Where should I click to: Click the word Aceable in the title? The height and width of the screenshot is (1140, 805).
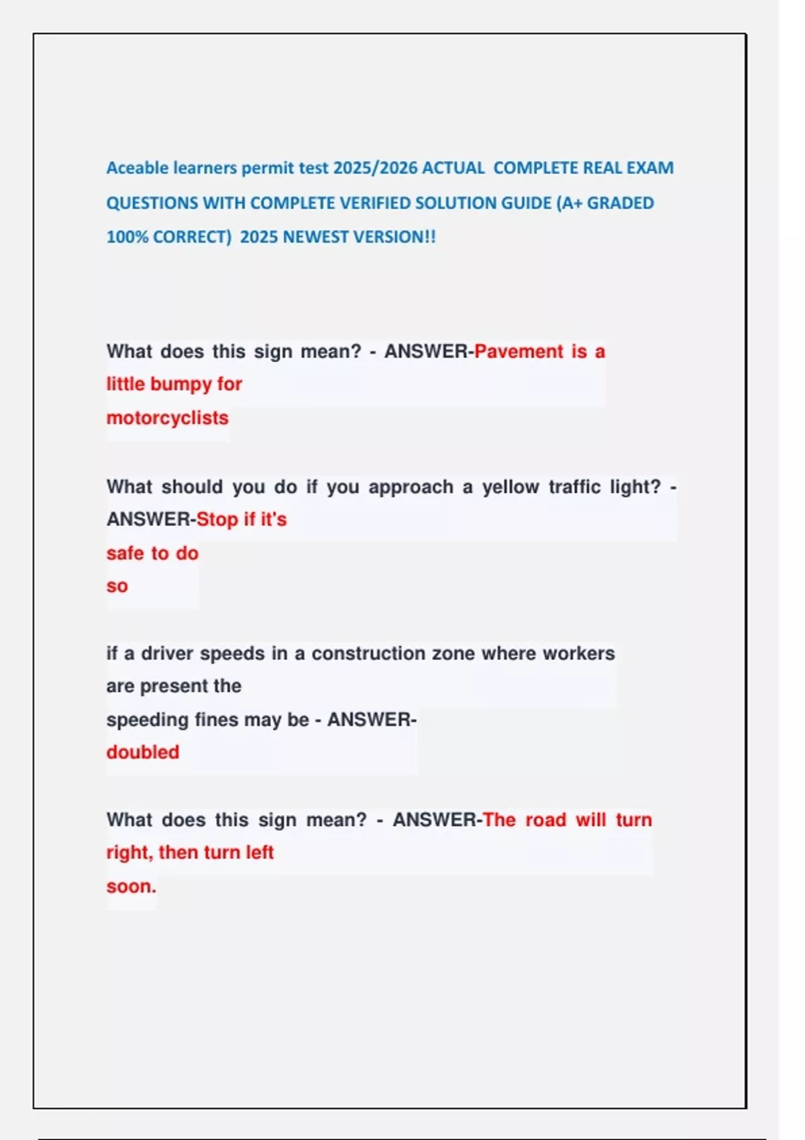(x=138, y=168)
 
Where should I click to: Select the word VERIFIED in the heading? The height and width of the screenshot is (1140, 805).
(x=375, y=203)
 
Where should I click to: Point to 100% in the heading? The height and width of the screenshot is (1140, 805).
(x=127, y=237)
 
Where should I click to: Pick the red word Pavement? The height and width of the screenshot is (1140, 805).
(x=519, y=351)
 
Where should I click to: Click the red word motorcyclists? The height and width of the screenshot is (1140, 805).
(x=167, y=418)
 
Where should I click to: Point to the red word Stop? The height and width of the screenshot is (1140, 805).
(x=217, y=520)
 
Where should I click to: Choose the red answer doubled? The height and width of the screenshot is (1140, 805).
(x=142, y=752)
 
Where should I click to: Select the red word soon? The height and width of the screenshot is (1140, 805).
(x=131, y=887)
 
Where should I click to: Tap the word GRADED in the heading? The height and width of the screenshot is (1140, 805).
(x=620, y=203)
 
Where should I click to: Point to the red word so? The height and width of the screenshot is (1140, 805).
(x=117, y=586)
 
